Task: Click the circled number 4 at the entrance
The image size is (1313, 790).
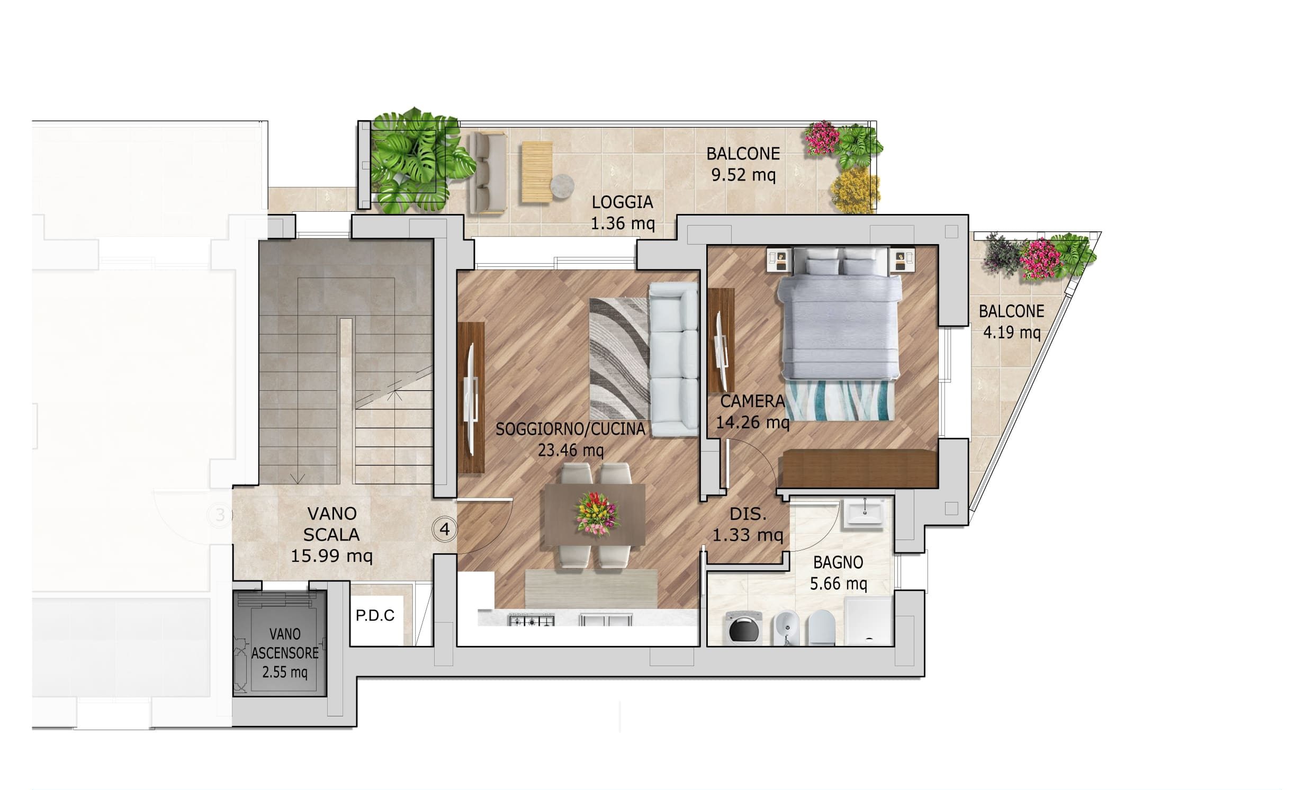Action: point(444,529)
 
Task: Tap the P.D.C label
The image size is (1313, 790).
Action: point(375,615)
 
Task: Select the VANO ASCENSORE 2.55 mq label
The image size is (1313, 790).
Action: point(285,653)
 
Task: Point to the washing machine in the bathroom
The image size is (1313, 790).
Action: point(744,629)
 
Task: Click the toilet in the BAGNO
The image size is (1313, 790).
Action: point(821,627)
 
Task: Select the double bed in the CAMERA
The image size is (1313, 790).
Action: point(839,313)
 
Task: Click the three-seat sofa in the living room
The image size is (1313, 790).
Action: point(673,359)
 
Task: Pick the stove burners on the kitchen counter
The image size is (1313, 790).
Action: point(531,620)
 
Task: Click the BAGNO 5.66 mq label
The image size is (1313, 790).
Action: point(838,573)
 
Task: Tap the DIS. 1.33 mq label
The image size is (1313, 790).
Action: point(748,524)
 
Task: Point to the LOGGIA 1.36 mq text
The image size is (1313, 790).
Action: point(623,212)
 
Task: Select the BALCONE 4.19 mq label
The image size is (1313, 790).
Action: point(1011,321)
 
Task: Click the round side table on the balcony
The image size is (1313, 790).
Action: point(562,187)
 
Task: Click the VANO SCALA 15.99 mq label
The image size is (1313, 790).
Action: point(331,534)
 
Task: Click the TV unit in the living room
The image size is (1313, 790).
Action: point(471,398)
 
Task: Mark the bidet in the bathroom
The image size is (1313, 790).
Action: point(785,628)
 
